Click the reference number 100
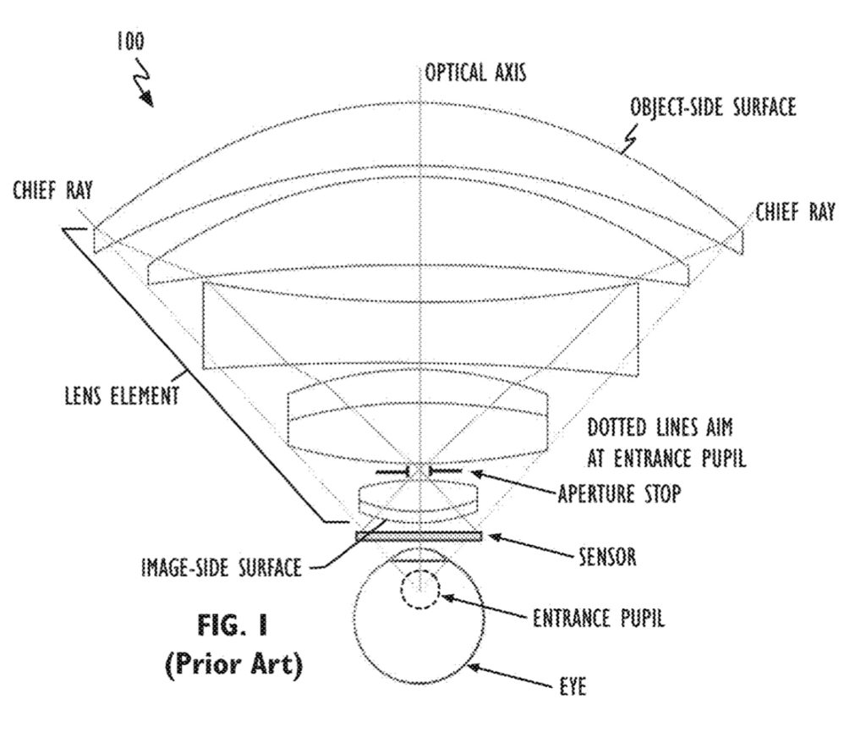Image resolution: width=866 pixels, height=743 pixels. (130, 41)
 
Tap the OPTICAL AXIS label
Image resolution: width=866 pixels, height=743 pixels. (475, 73)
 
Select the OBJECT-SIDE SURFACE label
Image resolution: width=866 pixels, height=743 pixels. (714, 107)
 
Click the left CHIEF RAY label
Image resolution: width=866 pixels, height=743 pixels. (53, 190)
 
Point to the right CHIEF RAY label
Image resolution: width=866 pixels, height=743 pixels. (795, 212)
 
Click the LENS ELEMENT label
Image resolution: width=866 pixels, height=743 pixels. (122, 396)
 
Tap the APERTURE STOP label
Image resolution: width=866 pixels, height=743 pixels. (619, 493)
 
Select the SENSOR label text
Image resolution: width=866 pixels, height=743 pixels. (607, 556)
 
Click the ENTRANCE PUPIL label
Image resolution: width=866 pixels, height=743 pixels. (599, 618)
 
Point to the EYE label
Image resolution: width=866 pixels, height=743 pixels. (573, 687)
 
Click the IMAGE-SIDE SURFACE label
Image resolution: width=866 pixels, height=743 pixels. (222, 568)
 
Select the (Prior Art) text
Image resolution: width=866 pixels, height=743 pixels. (234, 664)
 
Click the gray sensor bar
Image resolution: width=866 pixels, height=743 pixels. (419, 537)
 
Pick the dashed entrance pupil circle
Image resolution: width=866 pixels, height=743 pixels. (420, 589)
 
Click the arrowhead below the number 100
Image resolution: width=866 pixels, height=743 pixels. (147, 99)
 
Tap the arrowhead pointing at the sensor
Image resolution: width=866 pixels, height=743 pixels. (495, 537)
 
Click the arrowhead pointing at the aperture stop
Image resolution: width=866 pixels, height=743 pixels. (476, 473)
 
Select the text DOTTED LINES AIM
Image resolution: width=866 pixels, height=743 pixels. (660, 427)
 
